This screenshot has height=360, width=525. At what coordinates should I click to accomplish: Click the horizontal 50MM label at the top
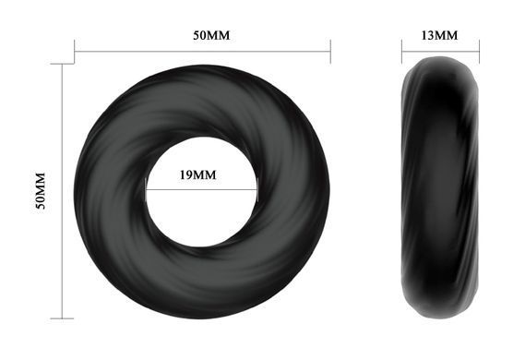pos(211,35)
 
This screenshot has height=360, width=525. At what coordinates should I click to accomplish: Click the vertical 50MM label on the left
pos(41,191)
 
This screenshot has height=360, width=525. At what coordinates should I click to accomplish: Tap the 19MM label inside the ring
pos(197,174)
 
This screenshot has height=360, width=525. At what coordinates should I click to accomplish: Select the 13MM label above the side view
pos(439,35)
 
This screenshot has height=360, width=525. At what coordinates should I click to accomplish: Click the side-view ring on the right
pos(440,187)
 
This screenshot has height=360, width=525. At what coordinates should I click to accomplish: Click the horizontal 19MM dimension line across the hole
pos(201,190)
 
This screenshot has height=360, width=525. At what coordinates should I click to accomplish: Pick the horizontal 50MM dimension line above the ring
pos(202,52)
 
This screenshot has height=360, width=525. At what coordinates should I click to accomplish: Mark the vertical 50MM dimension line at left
pos(62,191)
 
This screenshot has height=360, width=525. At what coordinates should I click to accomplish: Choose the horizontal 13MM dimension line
pos(441,52)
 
